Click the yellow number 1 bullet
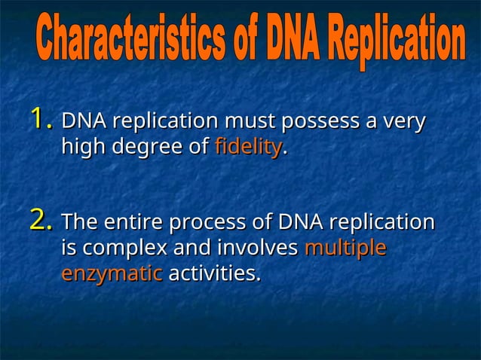click(41, 120)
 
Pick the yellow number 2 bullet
click(41, 222)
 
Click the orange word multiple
click(345, 248)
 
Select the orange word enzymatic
click(112, 273)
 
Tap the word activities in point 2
click(214, 273)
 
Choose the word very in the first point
click(405, 121)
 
